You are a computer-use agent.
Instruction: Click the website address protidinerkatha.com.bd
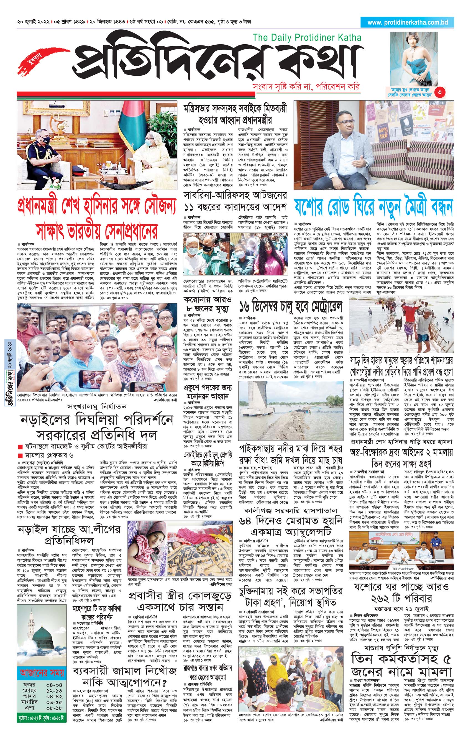pyautogui.click(x=407, y=22)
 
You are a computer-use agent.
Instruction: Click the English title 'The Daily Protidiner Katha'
pyautogui.click(x=307, y=38)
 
